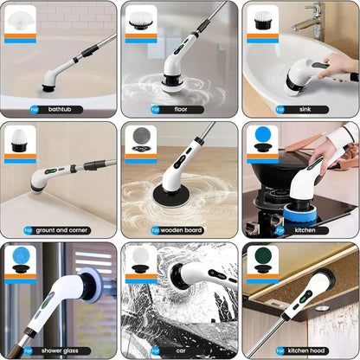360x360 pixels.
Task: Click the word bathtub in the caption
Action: [61, 110]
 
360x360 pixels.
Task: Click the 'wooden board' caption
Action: [181, 230]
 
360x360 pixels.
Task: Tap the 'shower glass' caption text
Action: [64, 350]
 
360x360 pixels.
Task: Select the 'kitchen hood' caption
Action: [305, 350]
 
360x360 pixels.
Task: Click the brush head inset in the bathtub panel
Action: [20, 21]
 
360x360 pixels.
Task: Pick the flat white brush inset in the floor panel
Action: [140, 19]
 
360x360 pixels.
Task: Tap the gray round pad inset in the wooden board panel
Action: [140, 138]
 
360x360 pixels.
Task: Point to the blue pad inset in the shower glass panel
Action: [20, 259]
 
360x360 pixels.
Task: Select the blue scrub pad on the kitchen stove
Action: [298, 211]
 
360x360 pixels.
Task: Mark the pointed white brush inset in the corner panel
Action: [20, 138]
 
